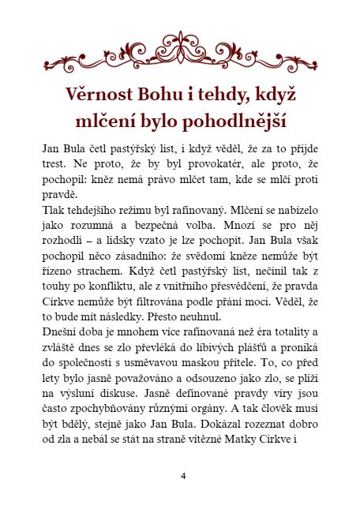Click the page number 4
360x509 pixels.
pos(183,476)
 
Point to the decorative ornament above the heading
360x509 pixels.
pos(180,51)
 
